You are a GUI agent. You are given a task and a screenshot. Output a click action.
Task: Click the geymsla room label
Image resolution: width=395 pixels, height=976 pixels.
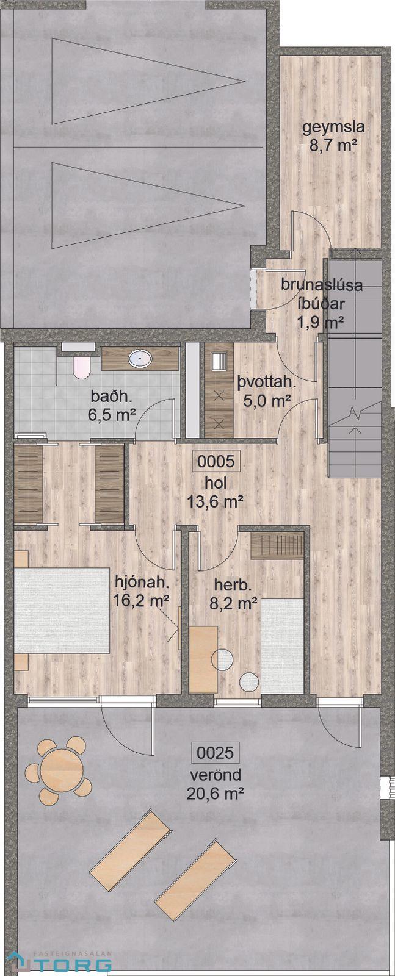[x=333, y=127]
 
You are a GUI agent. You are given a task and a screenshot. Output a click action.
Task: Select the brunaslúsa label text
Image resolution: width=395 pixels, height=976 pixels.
[x=322, y=285]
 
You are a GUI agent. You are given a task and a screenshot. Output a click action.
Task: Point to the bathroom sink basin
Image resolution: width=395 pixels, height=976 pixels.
[x=140, y=359]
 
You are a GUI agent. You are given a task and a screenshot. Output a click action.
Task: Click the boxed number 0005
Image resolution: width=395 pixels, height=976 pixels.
[x=216, y=461]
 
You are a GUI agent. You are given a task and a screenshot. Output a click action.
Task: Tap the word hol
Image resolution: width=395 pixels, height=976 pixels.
[x=216, y=483]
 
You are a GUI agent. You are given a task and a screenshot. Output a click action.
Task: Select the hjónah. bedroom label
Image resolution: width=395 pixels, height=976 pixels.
[x=141, y=582]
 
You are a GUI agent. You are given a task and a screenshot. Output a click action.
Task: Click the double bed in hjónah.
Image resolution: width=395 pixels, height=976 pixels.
[x=62, y=610]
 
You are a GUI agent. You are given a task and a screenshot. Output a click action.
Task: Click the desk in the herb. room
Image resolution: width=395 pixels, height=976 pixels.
[x=203, y=659]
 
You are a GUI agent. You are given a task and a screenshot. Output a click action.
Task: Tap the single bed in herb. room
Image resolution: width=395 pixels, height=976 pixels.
[x=282, y=646]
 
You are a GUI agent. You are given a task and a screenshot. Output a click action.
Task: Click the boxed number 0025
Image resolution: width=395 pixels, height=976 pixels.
[x=216, y=753]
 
